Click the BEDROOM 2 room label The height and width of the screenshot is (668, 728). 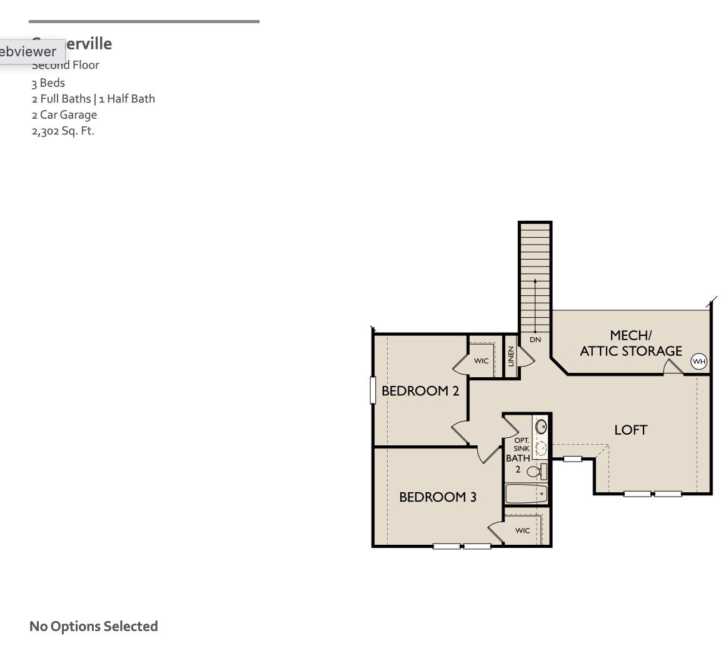(x=420, y=391)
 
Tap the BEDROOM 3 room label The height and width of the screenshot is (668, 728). (x=438, y=497)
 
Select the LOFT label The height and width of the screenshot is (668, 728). (x=630, y=430)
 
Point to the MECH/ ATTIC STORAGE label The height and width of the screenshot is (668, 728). (x=630, y=343)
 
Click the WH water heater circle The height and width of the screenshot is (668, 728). (x=699, y=362)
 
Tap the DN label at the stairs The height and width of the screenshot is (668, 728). (x=535, y=340)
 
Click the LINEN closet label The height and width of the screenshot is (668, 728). (x=511, y=357)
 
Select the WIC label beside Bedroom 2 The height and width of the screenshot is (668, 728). (x=481, y=361)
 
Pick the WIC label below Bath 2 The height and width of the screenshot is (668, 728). (x=523, y=530)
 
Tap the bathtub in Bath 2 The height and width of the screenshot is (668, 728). (x=526, y=494)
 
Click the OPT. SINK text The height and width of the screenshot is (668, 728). (x=522, y=444)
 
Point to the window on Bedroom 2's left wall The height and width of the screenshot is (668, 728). (x=373, y=390)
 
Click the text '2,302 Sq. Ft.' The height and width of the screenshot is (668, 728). (x=63, y=131)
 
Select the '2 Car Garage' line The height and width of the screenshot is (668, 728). (x=64, y=114)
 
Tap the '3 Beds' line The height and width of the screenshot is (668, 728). (x=48, y=83)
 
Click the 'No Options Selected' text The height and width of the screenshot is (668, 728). (x=94, y=626)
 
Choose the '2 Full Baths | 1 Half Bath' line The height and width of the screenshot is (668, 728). (x=93, y=99)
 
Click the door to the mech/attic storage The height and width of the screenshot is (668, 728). (x=673, y=368)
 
